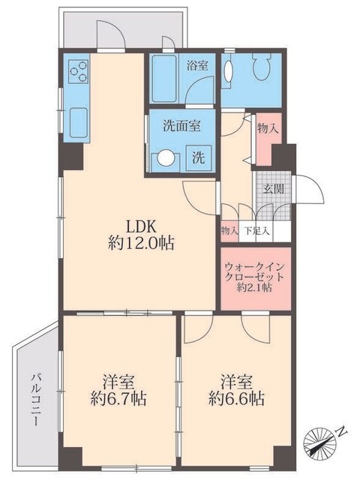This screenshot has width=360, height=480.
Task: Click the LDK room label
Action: (x=139, y=226)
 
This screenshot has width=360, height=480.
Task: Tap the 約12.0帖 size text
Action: (x=139, y=244)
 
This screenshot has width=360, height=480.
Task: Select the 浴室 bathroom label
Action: (x=198, y=66)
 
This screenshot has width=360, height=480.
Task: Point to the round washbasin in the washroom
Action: (x=164, y=158)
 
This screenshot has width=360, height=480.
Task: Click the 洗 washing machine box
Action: (x=199, y=158)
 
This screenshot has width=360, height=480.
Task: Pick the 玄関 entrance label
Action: (x=272, y=188)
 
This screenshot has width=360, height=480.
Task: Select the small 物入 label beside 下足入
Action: (x=229, y=232)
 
